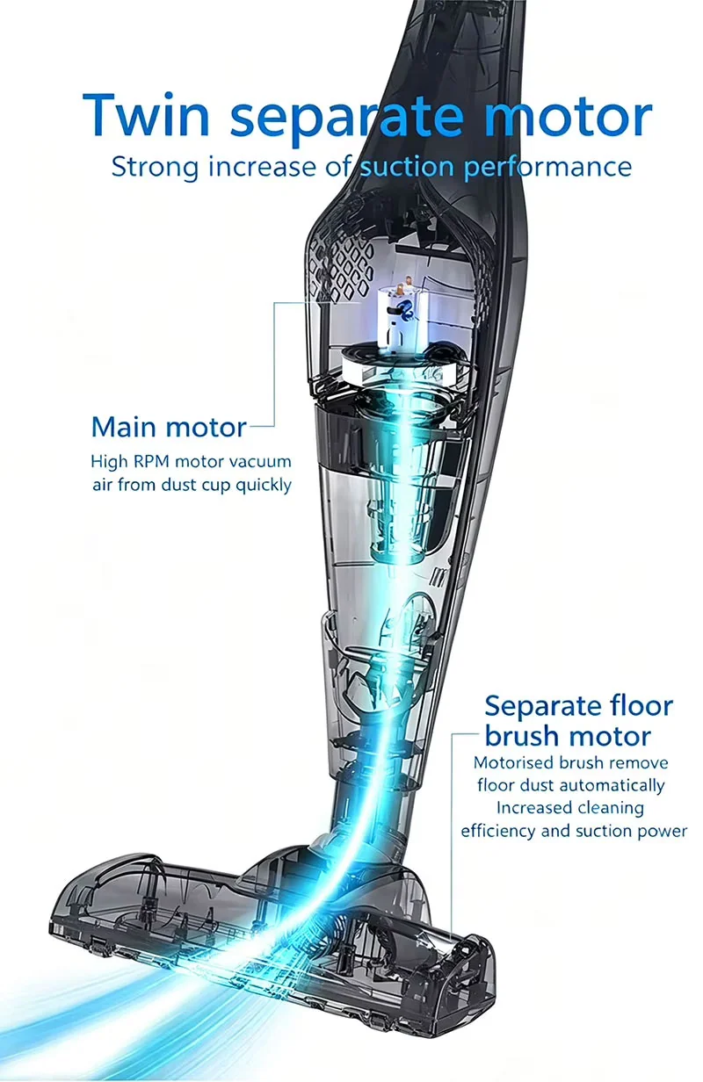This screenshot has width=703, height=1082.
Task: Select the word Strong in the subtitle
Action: coord(155,168)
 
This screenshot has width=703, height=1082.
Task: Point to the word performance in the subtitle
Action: coord(547,168)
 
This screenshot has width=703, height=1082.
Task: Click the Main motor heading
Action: coord(169,428)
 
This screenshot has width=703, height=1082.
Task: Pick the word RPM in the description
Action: coord(151,462)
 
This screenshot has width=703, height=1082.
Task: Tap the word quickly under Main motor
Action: coord(264,486)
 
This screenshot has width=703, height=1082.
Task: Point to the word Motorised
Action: coord(513,763)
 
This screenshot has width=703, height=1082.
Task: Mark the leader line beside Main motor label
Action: coord(274,365)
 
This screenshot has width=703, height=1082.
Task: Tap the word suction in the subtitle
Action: coord(408,168)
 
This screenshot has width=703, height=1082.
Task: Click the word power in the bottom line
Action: coord(663,833)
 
